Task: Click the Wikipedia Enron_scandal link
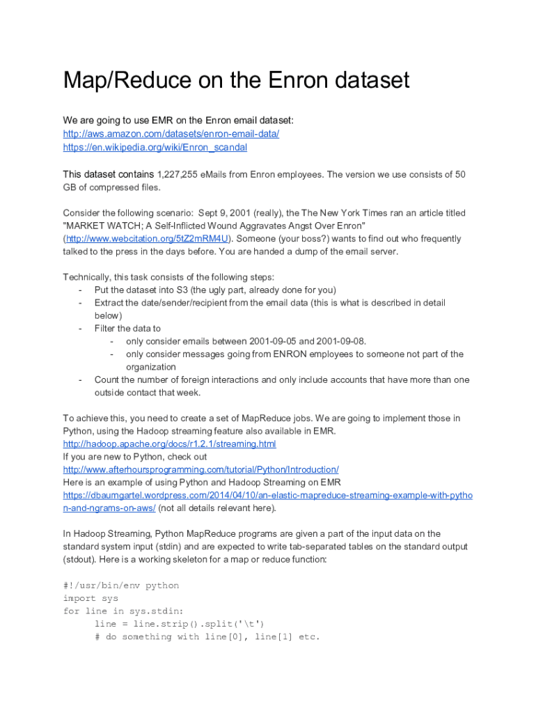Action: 155,147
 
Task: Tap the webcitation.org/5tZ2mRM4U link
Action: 147,239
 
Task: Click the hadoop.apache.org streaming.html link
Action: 169,444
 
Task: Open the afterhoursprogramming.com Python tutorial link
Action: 200,469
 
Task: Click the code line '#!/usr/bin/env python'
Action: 120,586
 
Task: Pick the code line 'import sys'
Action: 90,598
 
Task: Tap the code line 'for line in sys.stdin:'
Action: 123,611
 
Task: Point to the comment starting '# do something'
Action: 207,636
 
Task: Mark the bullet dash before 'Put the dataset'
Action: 81,290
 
